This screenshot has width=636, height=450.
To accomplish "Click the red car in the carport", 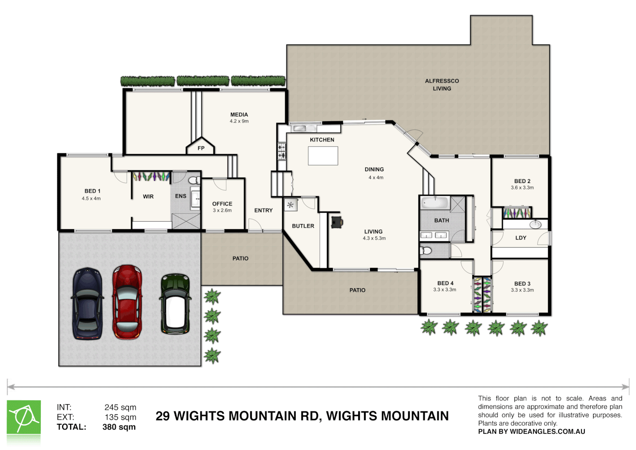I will (127, 302).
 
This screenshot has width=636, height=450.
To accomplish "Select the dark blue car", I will (87, 303).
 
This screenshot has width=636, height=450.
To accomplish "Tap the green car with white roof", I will (175, 304).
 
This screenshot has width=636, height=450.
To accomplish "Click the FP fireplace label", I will (201, 148).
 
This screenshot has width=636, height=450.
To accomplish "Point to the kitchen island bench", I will (323, 156).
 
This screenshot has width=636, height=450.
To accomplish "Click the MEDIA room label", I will (239, 115).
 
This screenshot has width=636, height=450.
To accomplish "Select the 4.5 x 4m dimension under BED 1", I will (91, 199).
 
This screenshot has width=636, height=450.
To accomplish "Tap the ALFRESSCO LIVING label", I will (442, 85).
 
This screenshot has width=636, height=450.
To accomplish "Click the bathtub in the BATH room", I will (434, 203).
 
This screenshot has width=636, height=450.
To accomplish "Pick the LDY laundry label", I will (521, 238).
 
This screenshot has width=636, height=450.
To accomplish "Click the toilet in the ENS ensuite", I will (194, 180).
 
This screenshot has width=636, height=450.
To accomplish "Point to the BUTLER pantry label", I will (303, 226).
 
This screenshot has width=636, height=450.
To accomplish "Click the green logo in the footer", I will (24, 417).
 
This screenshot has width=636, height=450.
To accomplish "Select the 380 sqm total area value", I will (119, 427).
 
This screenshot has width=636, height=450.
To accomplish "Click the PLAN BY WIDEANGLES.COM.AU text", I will (531, 432).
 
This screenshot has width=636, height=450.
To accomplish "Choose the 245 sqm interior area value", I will (120, 407).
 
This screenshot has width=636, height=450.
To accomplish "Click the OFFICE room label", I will (222, 204).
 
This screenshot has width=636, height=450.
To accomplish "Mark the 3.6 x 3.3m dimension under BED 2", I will (522, 188).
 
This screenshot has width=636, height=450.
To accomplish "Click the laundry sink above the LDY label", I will (535, 225).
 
